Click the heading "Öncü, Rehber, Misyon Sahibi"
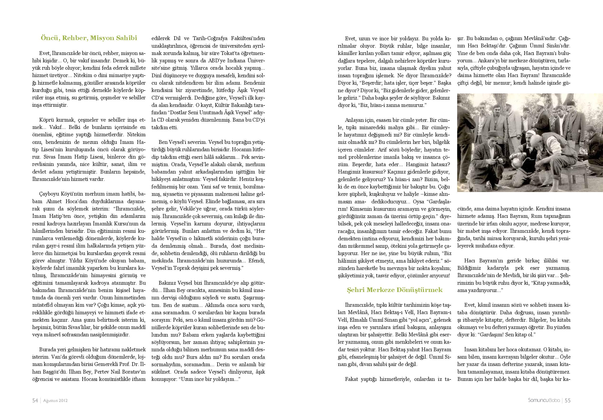(89, 38)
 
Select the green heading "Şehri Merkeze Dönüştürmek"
(395, 290)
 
